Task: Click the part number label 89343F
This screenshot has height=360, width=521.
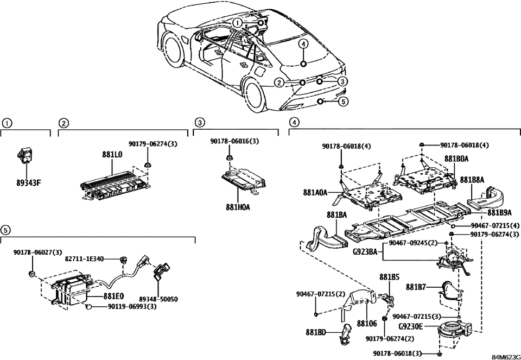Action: (28, 182)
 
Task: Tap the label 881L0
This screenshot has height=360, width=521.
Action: (112, 154)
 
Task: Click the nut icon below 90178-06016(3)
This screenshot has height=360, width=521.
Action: (229, 158)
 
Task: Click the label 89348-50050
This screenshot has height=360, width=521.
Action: (158, 299)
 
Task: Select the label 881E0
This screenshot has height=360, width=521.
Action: (113, 296)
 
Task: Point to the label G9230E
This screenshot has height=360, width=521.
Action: (411, 326)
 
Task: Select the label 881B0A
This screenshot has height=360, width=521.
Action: (456, 159)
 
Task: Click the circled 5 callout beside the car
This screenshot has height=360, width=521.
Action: (344, 101)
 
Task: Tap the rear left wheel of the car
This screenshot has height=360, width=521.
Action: (258, 92)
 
